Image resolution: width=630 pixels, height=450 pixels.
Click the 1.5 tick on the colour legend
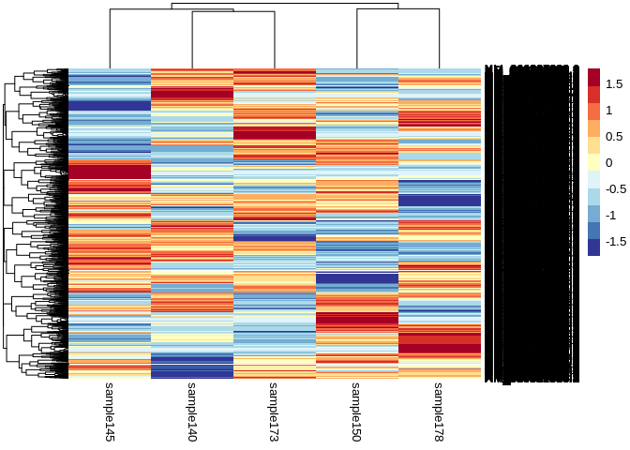point(615,84)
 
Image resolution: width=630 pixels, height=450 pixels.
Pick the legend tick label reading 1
point(609,111)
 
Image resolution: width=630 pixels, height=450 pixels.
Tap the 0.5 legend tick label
point(615,137)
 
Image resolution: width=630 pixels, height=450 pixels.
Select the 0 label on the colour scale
point(609,163)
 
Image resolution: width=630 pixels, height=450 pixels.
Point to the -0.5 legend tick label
point(617,189)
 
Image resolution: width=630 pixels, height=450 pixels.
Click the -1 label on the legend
point(611,216)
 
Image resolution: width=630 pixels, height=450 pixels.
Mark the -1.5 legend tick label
point(617,242)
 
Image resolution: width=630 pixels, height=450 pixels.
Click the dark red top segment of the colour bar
point(594,77)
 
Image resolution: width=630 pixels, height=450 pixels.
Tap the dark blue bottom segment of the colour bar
point(594,247)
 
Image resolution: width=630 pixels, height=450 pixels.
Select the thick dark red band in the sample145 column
point(110,172)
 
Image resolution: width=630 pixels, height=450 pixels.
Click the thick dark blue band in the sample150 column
point(357,278)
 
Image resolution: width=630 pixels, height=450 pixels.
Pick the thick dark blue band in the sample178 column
point(440,201)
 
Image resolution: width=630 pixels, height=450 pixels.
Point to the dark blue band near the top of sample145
point(110,105)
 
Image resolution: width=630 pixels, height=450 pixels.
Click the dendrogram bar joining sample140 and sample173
point(233,12)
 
